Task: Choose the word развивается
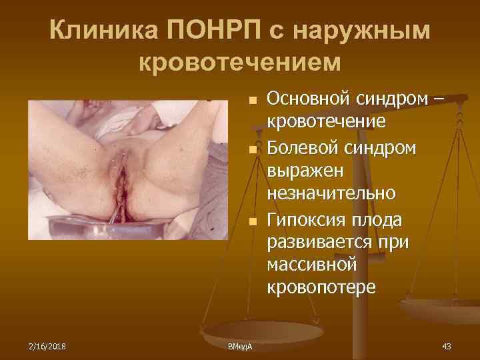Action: tap(316, 241)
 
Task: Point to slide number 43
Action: tap(447, 345)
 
